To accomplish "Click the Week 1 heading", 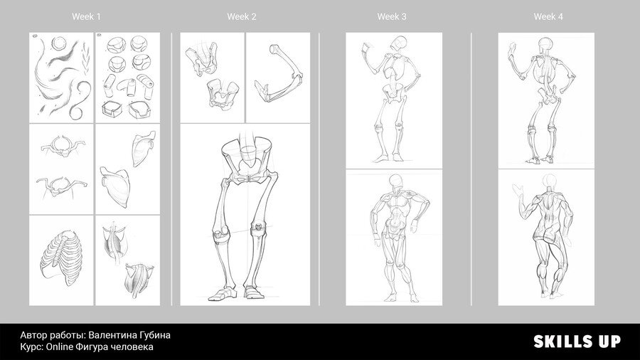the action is click(86, 17).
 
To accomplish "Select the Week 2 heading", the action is click(242, 17).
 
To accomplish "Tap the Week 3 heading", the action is click(392, 17).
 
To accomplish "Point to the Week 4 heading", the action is click(548, 17).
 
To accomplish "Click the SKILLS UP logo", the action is click(577, 342).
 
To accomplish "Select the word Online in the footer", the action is click(59, 347).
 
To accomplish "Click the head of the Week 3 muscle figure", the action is click(395, 181).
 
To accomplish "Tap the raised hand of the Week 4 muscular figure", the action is click(518, 190).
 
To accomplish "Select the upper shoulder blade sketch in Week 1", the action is click(144, 148).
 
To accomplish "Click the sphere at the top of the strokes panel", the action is click(59, 43).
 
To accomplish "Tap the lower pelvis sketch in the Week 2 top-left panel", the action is click(223, 94).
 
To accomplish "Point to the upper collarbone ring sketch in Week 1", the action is click(63, 146).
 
